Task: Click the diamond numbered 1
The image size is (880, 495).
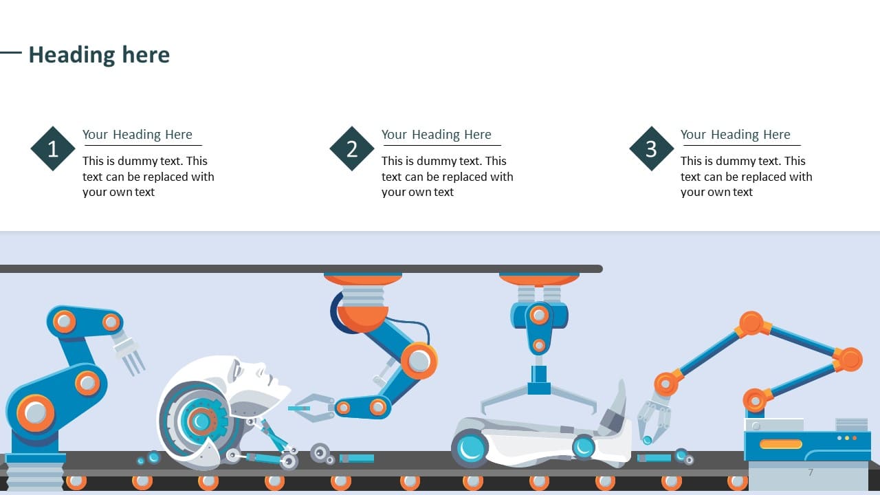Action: (x=53, y=148)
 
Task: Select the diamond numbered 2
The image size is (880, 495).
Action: (x=352, y=148)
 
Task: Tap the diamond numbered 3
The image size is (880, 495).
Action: (x=651, y=148)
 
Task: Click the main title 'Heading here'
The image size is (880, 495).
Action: (x=100, y=54)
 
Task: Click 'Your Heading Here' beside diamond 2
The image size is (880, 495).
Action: (x=436, y=134)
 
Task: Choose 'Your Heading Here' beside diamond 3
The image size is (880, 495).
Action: (x=735, y=134)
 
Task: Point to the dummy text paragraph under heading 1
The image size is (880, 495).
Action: (x=148, y=177)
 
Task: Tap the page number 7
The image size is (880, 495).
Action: (x=811, y=472)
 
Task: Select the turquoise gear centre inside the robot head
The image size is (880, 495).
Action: (x=201, y=421)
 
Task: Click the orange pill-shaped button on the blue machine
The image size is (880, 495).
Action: (x=780, y=444)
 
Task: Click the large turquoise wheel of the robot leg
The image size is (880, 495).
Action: (x=470, y=448)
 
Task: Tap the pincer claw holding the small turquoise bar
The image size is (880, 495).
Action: (x=314, y=408)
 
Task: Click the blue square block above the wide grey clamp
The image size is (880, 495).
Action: (x=539, y=380)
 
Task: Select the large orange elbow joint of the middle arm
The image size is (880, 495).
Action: (x=419, y=361)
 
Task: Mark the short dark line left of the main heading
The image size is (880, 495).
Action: (x=10, y=52)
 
